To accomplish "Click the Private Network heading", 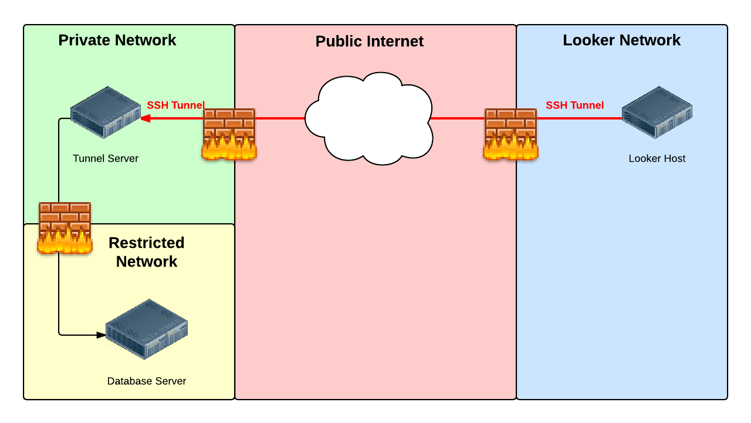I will click(x=117, y=40).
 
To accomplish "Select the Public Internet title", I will click(x=370, y=42).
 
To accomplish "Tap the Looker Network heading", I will click(x=621, y=40).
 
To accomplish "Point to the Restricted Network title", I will click(x=147, y=252).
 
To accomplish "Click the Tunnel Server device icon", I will click(x=106, y=112).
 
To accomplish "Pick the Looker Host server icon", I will click(x=657, y=112).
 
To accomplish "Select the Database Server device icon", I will click(x=147, y=329).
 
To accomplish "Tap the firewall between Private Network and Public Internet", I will click(x=229, y=134).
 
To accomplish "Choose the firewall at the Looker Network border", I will click(x=510, y=134).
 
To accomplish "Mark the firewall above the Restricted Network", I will click(x=65, y=228).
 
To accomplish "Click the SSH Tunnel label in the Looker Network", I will click(x=574, y=105).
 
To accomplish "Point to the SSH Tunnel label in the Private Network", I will click(x=175, y=105).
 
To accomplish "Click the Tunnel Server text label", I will click(x=106, y=158).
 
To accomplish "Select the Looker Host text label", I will click(x=657, y=158).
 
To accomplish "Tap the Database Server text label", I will click(x=147, y=381).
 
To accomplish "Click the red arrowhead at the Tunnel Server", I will click(x=145, y=118).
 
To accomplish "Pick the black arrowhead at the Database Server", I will click(x=101, y=335).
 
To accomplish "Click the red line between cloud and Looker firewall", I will click(x=458, y=118).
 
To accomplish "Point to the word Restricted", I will click(x=147, y=243).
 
